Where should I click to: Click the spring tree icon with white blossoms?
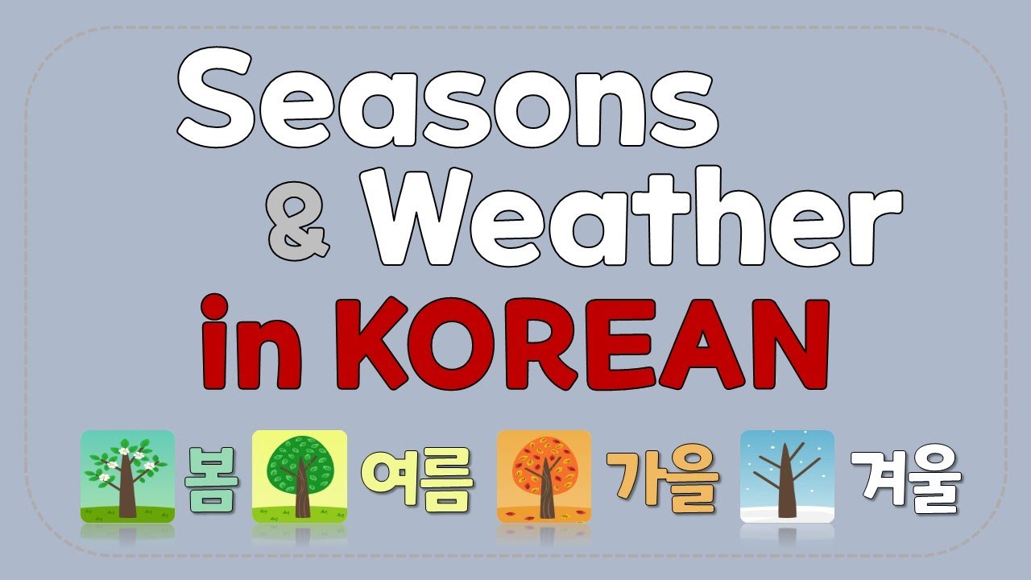[127, 476]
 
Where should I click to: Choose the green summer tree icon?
[300, 476]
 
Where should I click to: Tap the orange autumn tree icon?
[544, 476]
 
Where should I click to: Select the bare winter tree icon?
[787, 476]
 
